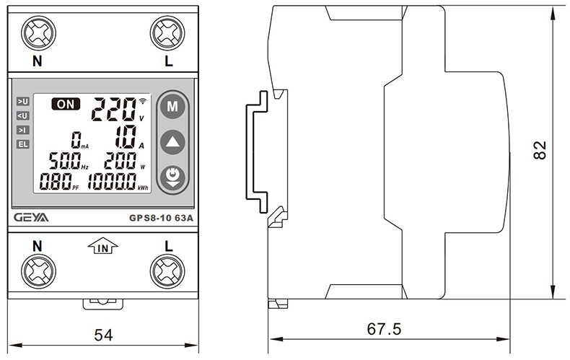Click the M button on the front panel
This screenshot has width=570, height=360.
pyautogui.click(x=172, y=107)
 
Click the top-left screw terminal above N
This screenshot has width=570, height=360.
pyautogui.click(x=37, y=33)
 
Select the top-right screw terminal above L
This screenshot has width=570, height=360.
pyautogui.click(x=167, y=33)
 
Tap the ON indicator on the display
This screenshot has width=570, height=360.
pyautogui.click(x=66, y=105)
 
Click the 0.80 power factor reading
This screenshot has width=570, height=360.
pyautogui.click(x=56, y=182)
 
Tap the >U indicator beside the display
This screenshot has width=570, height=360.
pyautogui.click(x=23, y=102)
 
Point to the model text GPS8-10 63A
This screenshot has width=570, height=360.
pyautogui.click(x=160, y=217)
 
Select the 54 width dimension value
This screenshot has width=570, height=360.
pyautogui.click(x=104, y=334)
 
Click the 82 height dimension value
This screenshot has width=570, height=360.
pyautogui.click(x=541, y=149)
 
